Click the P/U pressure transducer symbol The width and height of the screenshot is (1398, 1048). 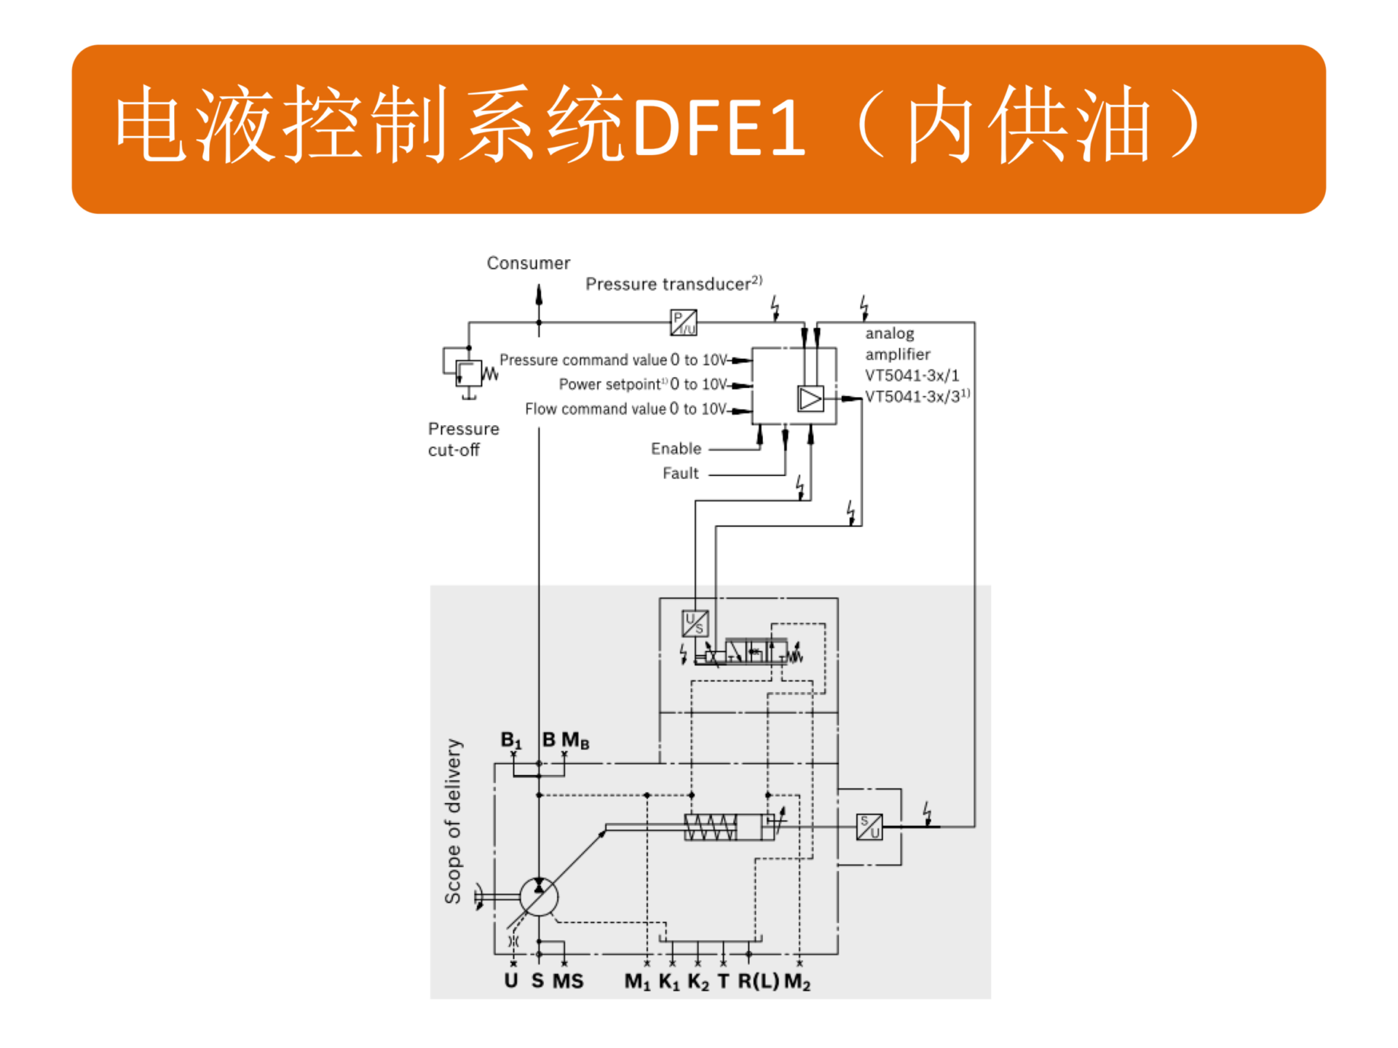[x=683, y=322]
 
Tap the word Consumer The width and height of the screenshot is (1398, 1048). [x=528, y=263]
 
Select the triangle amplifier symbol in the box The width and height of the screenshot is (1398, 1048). [x=810, y=399]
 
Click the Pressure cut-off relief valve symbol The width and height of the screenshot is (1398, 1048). [x=468, y=373]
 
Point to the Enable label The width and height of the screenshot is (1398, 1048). [x=676, y=448]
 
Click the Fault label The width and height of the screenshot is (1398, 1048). [x=680, y=473]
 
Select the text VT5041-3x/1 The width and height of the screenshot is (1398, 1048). [x=912, y=376]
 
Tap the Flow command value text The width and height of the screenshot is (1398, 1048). [x=595, y=409]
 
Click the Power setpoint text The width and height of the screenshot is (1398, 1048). [x=609, y=384]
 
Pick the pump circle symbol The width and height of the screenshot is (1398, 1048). [x=539, y=897]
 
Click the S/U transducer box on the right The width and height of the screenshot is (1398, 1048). [x=869, y=827]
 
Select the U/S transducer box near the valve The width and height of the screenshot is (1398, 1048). [x=695, y=623]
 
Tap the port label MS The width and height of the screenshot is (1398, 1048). [x=568, y=982]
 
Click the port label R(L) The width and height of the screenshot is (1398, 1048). [x=758, y=982]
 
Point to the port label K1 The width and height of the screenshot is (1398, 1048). [x=669, y=982]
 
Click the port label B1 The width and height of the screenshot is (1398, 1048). [x=511, y=741]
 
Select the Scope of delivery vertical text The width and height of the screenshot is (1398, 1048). [x=453, y=822]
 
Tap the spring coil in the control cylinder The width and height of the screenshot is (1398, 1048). [x=711, y=827]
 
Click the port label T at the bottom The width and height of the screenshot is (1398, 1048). [x=723, y=982]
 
